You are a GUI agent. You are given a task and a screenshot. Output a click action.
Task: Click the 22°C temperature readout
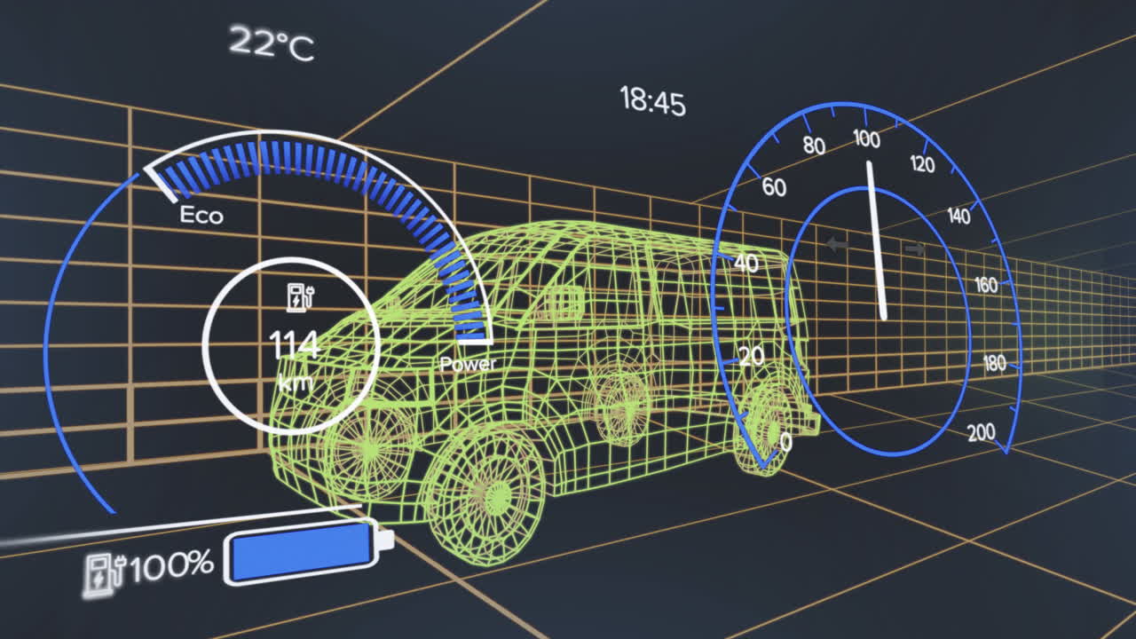272,43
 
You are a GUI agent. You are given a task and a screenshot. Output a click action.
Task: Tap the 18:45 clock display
652,101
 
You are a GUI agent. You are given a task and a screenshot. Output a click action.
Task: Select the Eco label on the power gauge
201,215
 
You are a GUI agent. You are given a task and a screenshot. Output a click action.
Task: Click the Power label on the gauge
468,364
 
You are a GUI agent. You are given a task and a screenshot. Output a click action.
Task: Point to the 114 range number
294,345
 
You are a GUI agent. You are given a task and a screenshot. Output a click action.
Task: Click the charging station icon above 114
301,297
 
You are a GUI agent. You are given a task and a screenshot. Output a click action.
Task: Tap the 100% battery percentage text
171,565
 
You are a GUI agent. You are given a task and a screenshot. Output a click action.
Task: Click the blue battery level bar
304,552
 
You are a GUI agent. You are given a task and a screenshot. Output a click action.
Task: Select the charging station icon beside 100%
104,577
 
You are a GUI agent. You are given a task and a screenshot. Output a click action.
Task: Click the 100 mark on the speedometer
867,138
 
